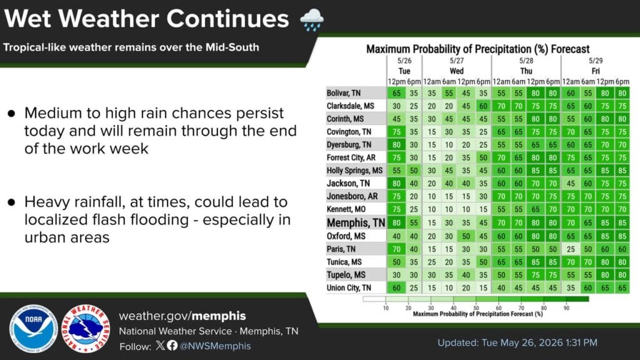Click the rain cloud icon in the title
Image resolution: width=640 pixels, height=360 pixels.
point(312,19)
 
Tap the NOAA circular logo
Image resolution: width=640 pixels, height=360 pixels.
point(34,329)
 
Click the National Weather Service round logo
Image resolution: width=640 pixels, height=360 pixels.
point(86,329)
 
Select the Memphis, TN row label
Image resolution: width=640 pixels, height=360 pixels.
point(356,223)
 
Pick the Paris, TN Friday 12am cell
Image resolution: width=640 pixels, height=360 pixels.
point(571,249)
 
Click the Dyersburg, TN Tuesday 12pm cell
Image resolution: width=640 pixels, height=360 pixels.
point(396,144)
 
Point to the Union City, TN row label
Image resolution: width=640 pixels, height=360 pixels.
point(349,287)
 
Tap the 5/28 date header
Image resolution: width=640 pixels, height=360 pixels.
point(526,61)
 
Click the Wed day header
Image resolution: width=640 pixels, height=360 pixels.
point(457,71)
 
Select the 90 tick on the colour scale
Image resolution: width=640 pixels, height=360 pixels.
point(566,307)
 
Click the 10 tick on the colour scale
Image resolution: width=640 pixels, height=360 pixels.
point(386,307)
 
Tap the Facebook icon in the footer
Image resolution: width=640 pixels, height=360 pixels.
point(172,346)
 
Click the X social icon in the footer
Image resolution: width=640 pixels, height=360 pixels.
point(161,346)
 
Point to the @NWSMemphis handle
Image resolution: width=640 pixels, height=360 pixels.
point(215,346)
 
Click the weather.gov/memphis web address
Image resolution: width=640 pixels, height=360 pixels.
point(182,316)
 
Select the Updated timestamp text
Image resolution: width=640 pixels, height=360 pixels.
point(517,342)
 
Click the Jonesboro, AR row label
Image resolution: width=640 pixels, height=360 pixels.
point(352,196)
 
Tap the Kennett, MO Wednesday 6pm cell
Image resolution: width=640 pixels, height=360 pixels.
point(483,209)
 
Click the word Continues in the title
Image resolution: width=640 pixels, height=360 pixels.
point(227,19)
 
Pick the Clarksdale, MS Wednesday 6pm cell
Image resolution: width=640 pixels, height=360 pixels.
point(483,106)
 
